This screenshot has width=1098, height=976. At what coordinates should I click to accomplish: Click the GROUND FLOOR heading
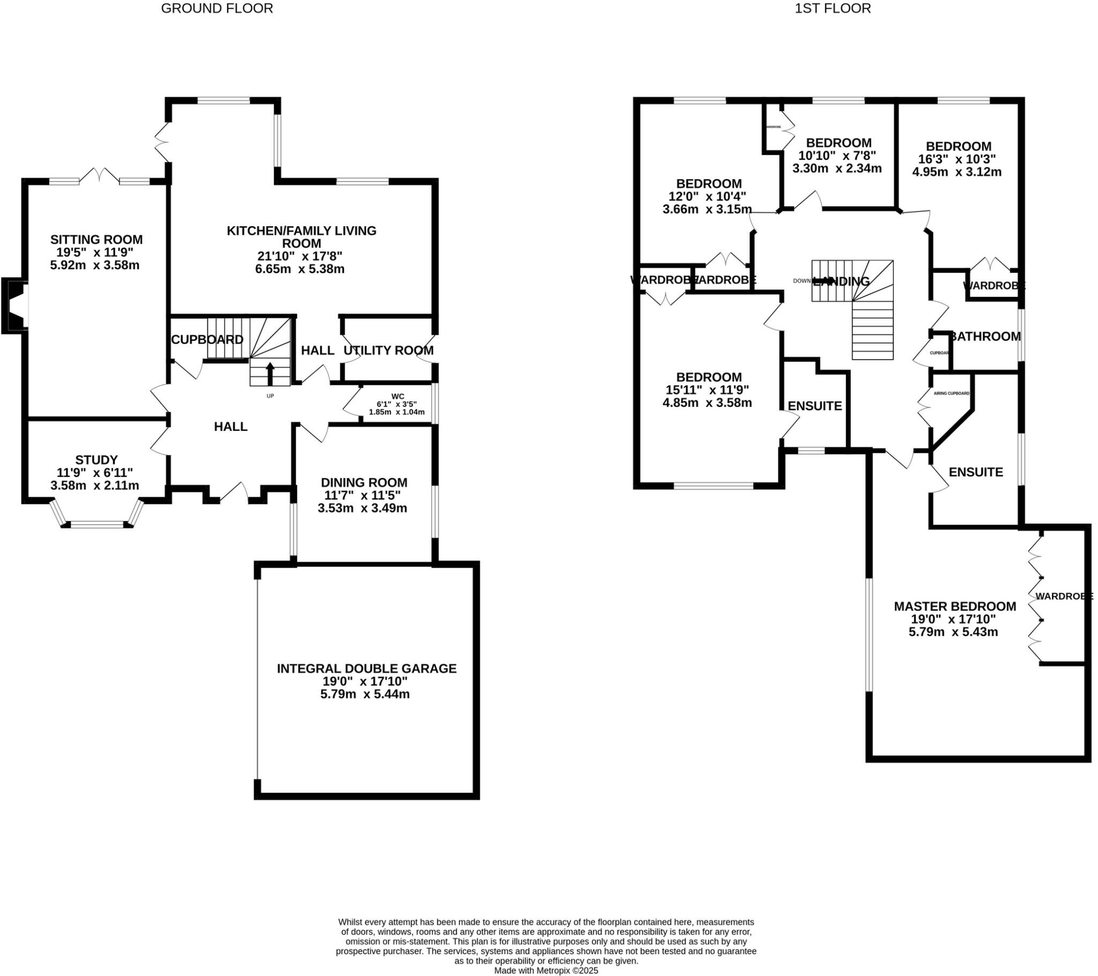(x=217, y=9)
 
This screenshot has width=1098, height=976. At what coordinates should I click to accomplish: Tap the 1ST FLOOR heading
(x=833, y=9)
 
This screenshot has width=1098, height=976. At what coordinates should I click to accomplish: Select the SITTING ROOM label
(x=97, y=240)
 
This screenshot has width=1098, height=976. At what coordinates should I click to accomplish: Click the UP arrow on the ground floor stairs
(x=270, y=373)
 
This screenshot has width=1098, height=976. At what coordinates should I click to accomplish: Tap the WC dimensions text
(x=396, y=408)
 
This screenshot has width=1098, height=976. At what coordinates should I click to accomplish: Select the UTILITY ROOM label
(x=388, y=351)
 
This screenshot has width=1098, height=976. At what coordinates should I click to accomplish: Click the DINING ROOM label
(x=363, y=482)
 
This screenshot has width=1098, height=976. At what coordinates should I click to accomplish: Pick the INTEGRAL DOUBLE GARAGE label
(x=366, y=669)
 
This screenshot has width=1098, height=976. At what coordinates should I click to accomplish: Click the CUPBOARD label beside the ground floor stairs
(x=207, y=339)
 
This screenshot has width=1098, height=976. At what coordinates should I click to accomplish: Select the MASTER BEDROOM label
(x=954, y=606)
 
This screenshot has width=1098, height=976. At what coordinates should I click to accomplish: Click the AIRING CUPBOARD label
(x=951, y=394)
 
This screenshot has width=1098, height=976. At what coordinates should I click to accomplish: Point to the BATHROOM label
(x=985, y=337)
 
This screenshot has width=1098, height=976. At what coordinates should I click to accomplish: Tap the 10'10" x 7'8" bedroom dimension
(x=837, y=156)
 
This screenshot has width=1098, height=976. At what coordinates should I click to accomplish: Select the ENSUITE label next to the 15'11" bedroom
(x=814, y=406)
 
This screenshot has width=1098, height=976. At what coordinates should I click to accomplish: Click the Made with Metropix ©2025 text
(x=546, y=971)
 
